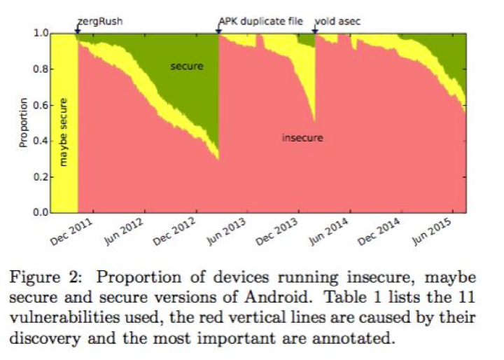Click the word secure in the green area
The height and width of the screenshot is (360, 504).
[186, 67]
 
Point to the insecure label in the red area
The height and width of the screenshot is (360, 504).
[302, 138]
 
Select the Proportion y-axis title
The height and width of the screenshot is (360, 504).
[24, 123]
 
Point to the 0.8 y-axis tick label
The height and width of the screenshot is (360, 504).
[41, 69]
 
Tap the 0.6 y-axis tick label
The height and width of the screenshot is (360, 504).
[41, 105]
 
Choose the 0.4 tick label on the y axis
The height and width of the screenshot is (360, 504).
[41, 141]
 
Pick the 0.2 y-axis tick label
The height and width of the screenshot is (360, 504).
[41, 177]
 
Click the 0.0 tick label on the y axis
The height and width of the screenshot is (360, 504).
[41, 213]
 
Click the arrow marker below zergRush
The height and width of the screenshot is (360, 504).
[78, 30]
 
